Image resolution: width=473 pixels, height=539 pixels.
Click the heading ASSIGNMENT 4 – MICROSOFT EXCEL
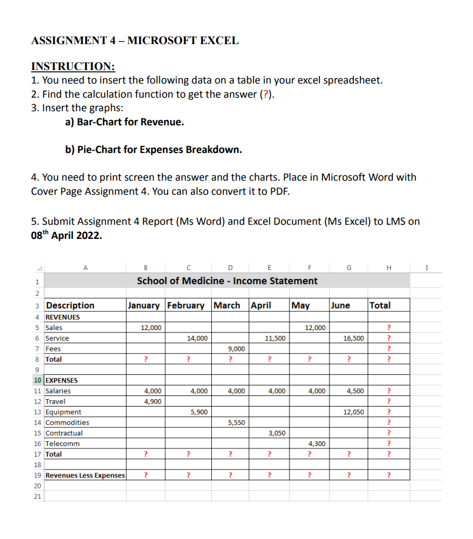135,41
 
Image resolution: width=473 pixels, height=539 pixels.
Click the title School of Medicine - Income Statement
227,281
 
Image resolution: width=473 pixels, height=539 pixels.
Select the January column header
144,305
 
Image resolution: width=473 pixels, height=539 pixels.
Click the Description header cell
70,305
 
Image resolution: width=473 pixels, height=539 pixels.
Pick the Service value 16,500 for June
353,338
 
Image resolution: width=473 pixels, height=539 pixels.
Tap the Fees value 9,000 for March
235,349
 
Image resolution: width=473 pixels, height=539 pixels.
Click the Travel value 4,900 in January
152,401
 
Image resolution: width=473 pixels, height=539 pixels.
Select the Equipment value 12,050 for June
353,412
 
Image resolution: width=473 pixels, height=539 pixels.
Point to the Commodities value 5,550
235,422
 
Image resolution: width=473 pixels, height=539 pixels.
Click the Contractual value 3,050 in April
277,433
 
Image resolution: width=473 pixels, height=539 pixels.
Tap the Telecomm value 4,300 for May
317,444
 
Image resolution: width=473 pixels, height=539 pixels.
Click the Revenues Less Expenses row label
85,475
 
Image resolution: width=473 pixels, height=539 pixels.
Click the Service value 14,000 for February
196,338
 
